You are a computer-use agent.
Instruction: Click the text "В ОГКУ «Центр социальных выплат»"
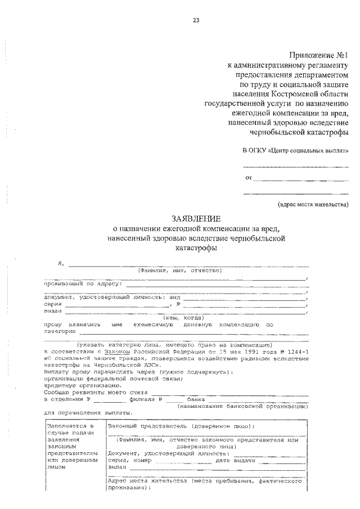tap(295, 152)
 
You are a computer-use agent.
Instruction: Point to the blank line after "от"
tap(300, 179)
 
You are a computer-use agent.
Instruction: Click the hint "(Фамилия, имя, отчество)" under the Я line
tap(181, 271)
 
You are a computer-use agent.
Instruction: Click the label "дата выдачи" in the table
tap(240, 460)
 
